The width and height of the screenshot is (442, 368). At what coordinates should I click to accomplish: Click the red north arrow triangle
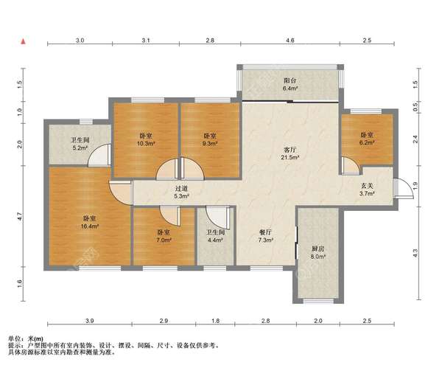point(24,41)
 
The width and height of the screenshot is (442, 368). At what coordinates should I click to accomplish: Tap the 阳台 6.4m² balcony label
point(290,84)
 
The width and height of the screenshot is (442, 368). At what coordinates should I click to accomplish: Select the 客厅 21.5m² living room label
point(290,153)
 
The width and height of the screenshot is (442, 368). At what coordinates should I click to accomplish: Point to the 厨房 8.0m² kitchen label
point(318,252)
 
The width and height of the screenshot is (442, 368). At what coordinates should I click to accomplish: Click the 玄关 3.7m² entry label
point(367,190)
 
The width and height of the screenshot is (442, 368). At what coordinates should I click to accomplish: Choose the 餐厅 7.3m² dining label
point(266,236)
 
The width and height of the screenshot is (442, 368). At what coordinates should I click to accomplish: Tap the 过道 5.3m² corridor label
point(181,192)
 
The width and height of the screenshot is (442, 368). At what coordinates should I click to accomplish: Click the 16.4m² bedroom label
point(90,222)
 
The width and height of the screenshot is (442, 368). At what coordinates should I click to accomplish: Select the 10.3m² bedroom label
point(146,139)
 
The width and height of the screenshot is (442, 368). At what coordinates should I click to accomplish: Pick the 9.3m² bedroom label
point(210,139)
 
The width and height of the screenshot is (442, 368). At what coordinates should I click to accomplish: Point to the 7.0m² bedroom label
point(164,236)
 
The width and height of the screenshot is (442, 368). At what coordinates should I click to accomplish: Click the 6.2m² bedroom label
point(367,139)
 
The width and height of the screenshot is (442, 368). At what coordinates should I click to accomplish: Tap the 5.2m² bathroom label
point(80,143)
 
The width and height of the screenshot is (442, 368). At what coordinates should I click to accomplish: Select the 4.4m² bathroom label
point(216,236)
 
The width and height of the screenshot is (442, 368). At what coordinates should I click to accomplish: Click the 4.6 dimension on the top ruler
point(290,41)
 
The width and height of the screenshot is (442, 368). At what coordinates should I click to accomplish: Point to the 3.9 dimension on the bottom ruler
point(90,321)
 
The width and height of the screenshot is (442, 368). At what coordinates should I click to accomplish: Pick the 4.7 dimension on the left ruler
point(20,217)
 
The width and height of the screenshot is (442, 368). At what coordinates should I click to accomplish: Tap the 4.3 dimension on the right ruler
point(415,253)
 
